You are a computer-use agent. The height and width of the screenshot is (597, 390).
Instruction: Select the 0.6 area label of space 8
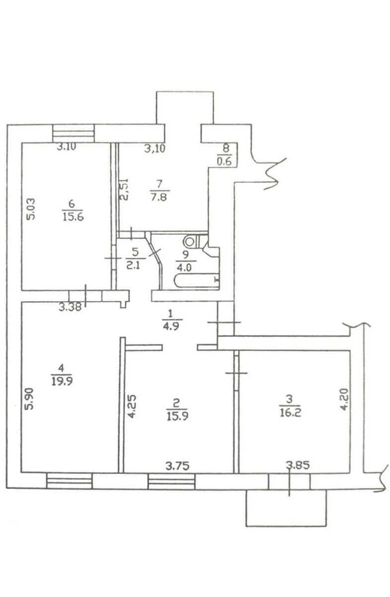click(x=225, y=161)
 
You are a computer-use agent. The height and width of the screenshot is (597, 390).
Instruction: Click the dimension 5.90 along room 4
click(x=30, y=398)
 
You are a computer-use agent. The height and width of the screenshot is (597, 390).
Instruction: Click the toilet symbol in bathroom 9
click(x=190, y=242)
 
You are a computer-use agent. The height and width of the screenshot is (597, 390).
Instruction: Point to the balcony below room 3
click(x=287, y=507)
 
